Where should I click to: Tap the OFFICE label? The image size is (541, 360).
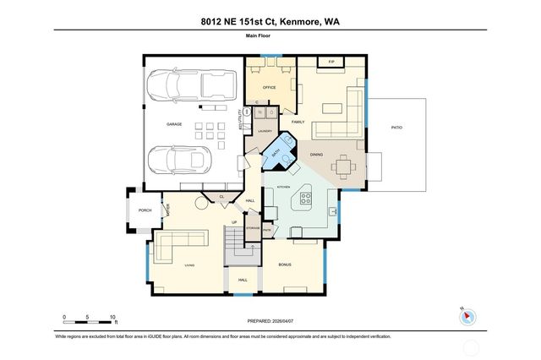point(270,86)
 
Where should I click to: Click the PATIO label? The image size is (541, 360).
point(396,127)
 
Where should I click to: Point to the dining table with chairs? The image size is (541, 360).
point(347,167)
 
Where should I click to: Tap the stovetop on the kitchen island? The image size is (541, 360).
point(306,199)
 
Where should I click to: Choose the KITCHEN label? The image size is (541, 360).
point(284,185)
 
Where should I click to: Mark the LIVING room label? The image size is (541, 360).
point(189,265)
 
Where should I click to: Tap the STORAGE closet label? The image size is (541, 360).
point(252,228)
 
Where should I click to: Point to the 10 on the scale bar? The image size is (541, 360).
point(112,317)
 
